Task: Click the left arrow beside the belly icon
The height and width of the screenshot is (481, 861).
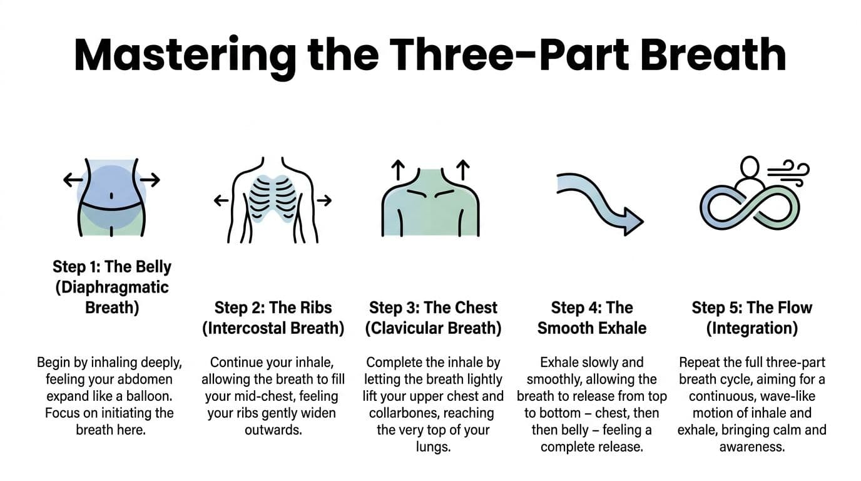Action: (73, 180)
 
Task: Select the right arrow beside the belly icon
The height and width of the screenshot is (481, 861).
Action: (150, 180)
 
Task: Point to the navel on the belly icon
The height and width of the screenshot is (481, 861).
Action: (111, 195)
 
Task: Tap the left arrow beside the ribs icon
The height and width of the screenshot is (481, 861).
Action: (221, 200)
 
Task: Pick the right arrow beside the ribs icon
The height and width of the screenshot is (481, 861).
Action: (324, 200)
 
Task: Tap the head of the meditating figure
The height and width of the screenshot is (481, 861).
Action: (750, 167)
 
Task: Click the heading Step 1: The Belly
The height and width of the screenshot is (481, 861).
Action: (112, 266)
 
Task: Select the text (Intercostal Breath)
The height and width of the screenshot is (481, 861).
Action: (273, 328)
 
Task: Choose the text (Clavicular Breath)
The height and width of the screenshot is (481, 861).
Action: (433, 328)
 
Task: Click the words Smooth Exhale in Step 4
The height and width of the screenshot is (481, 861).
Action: (592, 328)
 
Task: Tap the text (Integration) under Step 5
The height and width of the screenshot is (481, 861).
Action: (751, 328)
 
